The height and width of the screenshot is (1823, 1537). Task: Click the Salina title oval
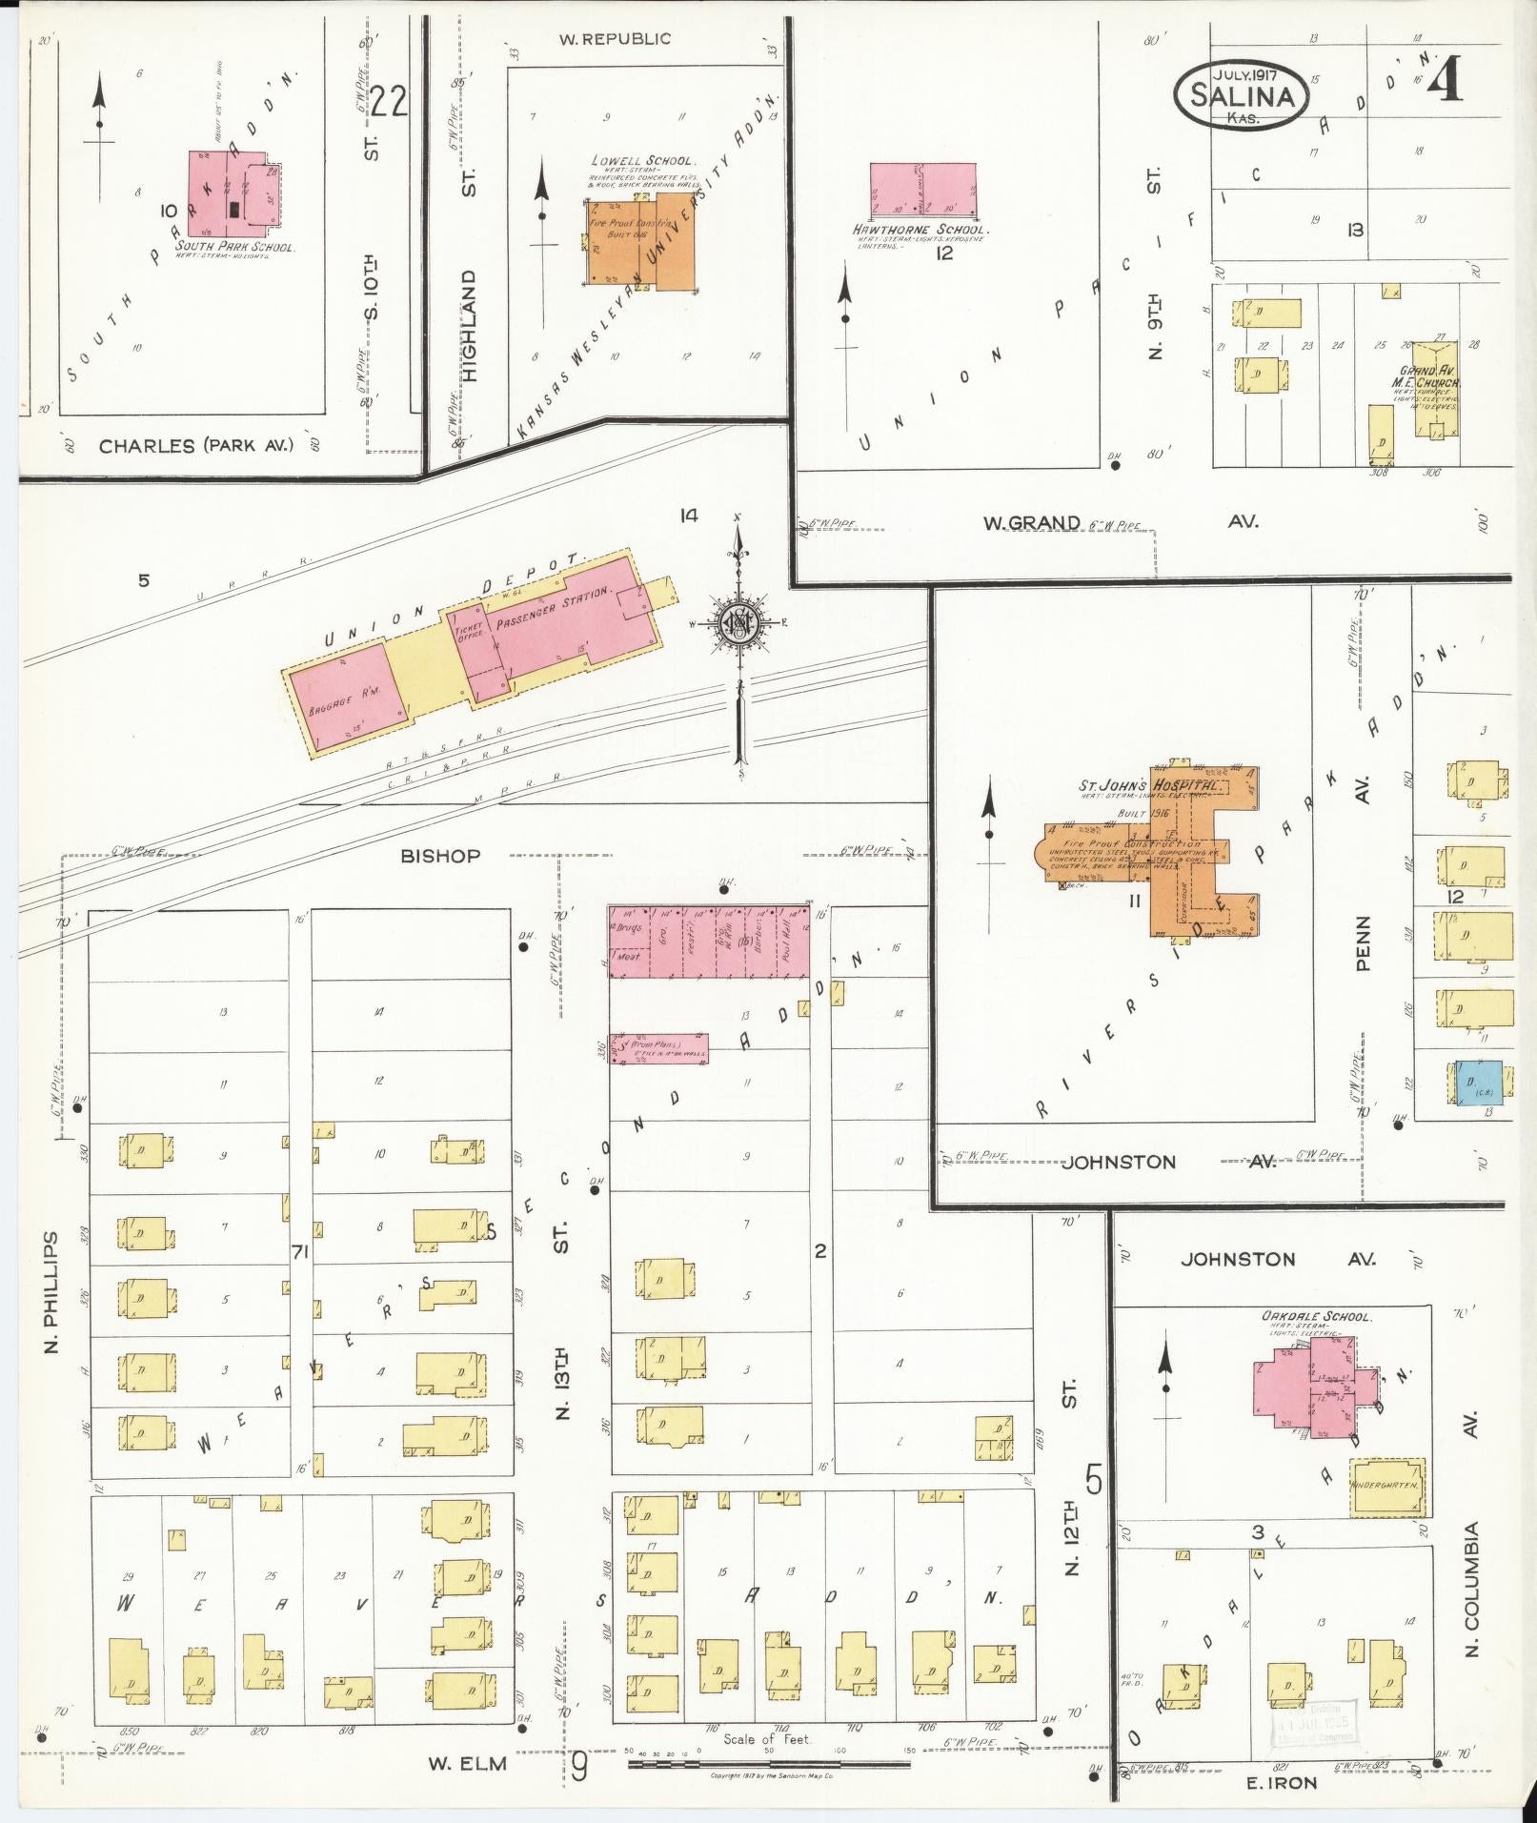[x=1241, y=95]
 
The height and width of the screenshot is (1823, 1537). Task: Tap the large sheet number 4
[x=1446, y=80]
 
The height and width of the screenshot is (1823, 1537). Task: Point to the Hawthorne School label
[x=921, y=230]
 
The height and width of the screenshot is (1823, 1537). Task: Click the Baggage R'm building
[x=347, y=697]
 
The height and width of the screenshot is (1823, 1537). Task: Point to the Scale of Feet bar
[x=768, y=1764]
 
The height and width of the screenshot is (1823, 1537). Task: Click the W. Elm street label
[x=466, y=1764]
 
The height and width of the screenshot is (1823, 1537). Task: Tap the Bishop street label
[x=439, y=856]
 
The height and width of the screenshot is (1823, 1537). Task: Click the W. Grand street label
[x=1032, y=522]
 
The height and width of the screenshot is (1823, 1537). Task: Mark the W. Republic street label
[x=614, y=39]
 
